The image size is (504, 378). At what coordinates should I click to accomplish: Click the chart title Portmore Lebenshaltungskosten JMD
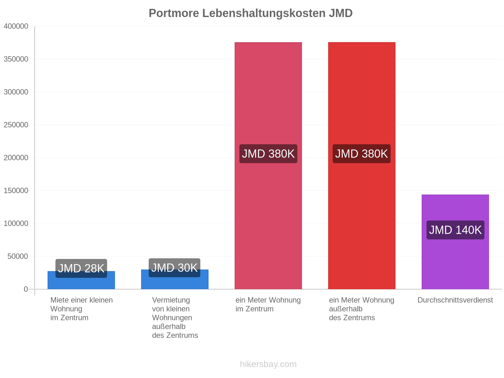point(250,13)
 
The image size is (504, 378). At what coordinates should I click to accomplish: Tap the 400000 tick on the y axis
point(16,26)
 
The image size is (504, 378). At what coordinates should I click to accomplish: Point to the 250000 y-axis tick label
point(16,125)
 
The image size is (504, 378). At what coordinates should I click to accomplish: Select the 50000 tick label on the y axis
point(18,256)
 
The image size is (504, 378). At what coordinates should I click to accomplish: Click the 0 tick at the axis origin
point(26,289)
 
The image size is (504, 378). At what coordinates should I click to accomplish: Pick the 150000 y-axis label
point(16,191)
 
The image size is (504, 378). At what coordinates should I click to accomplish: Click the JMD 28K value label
point(81,268)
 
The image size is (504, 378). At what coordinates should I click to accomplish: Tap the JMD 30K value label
point(175,268)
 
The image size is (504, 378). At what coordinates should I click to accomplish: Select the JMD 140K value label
point(455,230)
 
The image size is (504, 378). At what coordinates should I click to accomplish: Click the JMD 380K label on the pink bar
point(268,154)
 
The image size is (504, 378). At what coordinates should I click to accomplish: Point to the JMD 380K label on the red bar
point(361,154)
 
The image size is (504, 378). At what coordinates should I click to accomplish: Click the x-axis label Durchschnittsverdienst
point(455,300)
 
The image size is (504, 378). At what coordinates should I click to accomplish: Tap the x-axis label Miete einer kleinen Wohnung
point(82,309)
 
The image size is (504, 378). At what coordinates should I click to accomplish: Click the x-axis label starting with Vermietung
point(175,318)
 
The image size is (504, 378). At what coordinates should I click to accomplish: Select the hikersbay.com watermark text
point(268,364)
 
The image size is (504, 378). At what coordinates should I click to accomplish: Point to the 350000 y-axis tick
point(16,59)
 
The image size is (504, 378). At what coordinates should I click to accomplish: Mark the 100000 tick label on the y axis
point(16,223)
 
